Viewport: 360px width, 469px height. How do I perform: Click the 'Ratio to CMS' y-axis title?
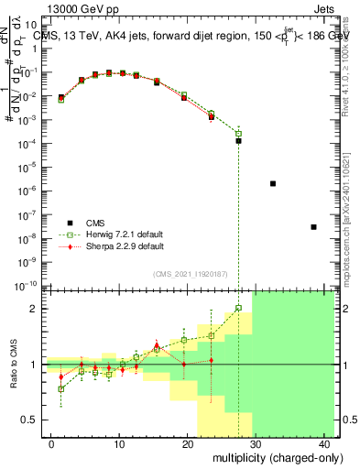(14, 365)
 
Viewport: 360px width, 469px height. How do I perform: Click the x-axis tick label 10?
(119, 443)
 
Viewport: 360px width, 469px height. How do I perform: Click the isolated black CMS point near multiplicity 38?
(313, 227)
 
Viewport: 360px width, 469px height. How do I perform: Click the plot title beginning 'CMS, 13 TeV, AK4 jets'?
(183, 36)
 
